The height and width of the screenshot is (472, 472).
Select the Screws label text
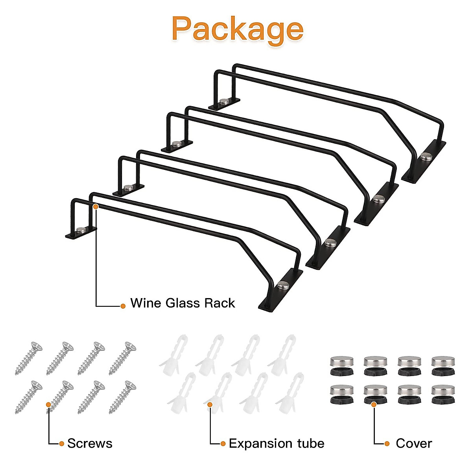[90, 443]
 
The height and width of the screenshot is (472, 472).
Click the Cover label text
[414, 443]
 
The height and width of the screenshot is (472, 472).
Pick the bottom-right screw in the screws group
[122, 397]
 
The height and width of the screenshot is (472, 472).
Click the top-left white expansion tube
[174, 354]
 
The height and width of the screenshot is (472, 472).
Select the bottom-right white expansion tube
[290, 393]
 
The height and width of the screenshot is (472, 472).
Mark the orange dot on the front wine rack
[96, 207]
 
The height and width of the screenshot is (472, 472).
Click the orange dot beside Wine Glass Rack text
[123, 306]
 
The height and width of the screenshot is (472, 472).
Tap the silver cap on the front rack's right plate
[283, 285]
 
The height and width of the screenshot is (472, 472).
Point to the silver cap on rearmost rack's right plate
[426, 156]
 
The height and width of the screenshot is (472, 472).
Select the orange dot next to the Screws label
[61, 444]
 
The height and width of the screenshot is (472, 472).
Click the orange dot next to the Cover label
[387, 444]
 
